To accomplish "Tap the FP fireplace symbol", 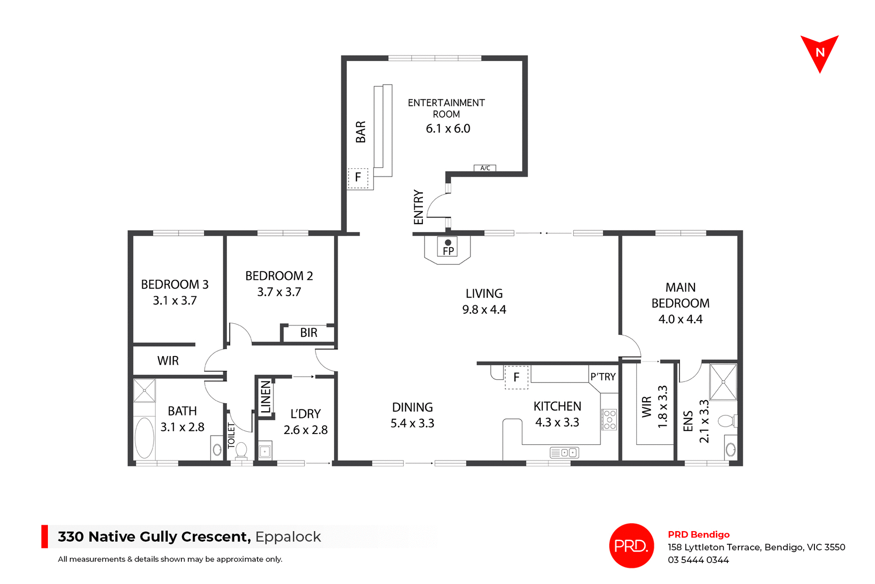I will [448, 248].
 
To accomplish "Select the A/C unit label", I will [485, 168].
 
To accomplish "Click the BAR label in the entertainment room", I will [360, 132].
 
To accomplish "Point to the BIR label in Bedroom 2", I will [309, 333].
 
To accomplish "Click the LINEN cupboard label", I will [266, 398].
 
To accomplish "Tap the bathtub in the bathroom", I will [144, 438].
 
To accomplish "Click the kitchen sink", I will [564, 453].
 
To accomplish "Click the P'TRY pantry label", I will [603, 377].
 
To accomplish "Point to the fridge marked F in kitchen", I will [516, 377].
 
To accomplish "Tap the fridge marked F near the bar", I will [358, 177].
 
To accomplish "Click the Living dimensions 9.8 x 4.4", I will [484, 310].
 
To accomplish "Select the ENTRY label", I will [418, 207].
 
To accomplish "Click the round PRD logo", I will [631, 545].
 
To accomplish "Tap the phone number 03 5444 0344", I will [698, 560].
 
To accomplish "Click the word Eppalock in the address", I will [288, 537].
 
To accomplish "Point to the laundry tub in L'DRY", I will [265, 451].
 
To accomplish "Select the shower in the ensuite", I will [723, 382].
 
